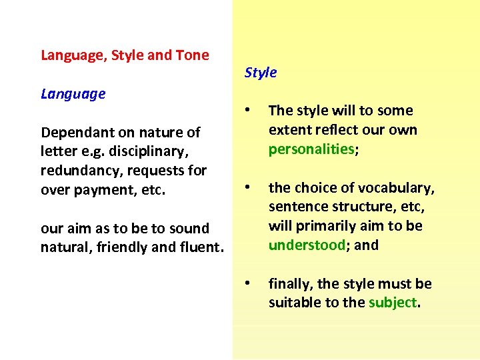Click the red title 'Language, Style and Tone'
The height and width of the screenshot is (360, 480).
click(125, 55)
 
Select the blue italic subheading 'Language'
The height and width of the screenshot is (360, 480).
click(73, 94)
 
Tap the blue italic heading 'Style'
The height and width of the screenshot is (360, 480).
click(260, 73)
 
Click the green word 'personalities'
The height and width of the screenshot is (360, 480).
click(311, 149)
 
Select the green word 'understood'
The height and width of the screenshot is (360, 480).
click(307, 245)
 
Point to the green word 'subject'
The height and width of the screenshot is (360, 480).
click(393, 303)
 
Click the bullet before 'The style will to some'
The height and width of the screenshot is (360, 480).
click(248, 111)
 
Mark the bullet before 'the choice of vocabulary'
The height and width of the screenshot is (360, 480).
click(248, 187)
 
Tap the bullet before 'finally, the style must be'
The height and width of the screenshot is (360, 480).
click(248, 284)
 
